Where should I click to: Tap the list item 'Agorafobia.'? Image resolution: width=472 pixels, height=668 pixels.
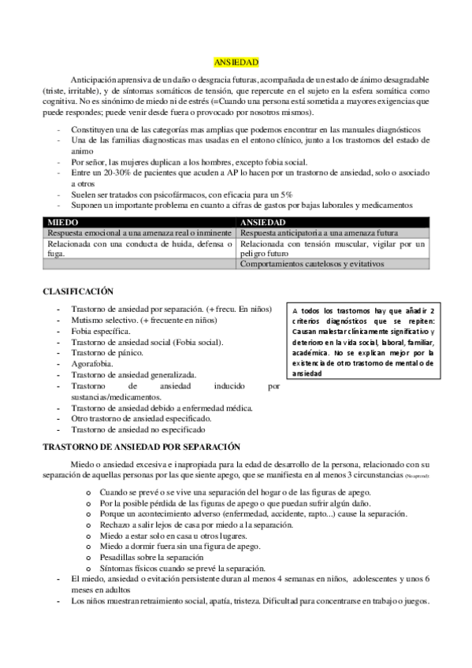point(94,365)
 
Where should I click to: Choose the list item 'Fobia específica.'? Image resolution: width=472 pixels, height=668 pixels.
point(101,332)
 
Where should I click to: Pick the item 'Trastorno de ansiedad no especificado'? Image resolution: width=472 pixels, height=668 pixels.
point(138,430)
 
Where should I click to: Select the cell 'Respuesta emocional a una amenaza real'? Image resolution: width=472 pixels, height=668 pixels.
point(139,234)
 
